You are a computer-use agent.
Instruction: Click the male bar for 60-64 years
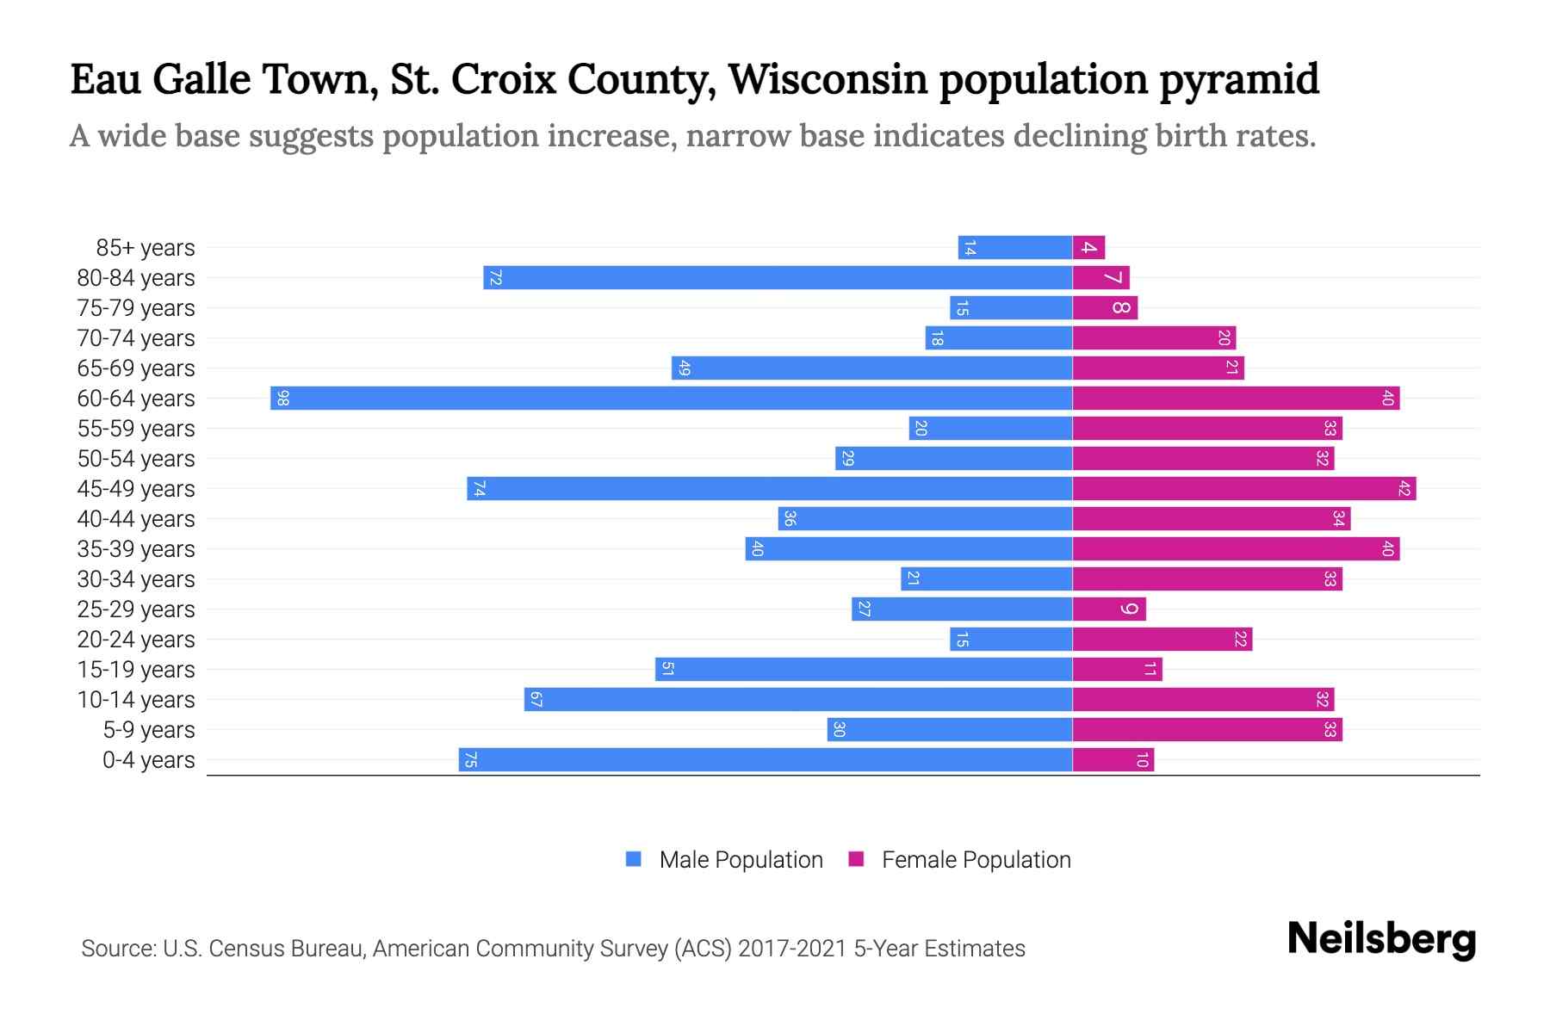pyautogui.click(x=672, y=399)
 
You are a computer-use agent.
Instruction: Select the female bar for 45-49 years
pyautogui.click(x=1244, y=489)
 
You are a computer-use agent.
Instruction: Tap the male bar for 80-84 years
pyautogui.click(x=778, y=278)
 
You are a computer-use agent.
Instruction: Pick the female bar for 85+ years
pyautogui.click(x=1088, y=248)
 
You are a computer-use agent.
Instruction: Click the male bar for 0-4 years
pyautogui.click(x=766, y=760)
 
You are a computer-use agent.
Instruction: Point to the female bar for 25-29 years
pyautogui.click(x=1109, y=609)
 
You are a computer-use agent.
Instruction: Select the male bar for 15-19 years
pyautogui.click(x=864, y=670)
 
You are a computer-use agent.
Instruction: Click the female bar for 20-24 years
pyautogui.click(x=1162, y=640)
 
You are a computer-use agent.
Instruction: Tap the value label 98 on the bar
pyautogui.click(x=282, y=399)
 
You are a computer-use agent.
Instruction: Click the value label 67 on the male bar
pyautogui.click(x=536, y=700)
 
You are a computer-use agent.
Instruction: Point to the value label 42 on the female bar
pyautogui.click(x=1404, y=489)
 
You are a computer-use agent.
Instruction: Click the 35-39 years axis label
pyautogui.click(x=136, y=549)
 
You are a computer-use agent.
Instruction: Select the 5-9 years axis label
pyautogui.click(x=149, y=730)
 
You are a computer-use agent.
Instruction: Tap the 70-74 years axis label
pyautogui.click(x=136, y=338)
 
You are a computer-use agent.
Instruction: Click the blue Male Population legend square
pyautogui.click(x=634, y=859)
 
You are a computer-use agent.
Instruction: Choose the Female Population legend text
pyautogui.click(x=976, y=860)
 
